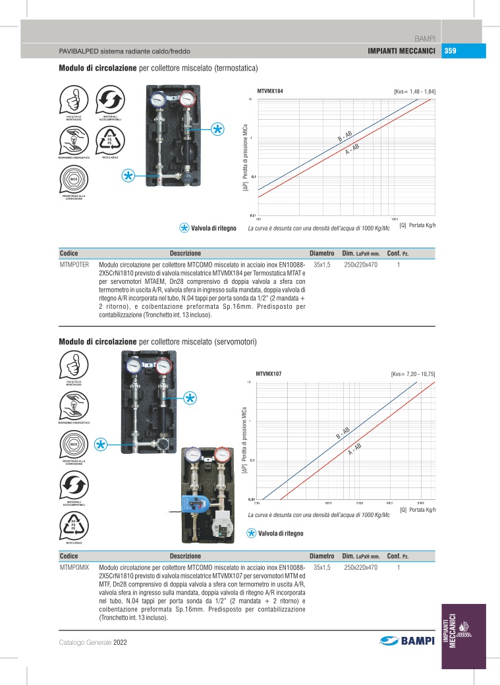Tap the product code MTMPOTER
click(x=74, y=264)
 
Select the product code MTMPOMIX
click(x=74, y=567)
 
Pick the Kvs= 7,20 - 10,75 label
click(x=413, y=374)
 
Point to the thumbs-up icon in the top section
click(x=73, y=101)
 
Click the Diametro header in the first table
click(x=323, y=254)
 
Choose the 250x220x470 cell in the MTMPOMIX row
click(x=360, y=567)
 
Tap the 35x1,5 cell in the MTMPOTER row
click(x=323, y=264)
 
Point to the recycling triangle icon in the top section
click(x=110, y=140)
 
